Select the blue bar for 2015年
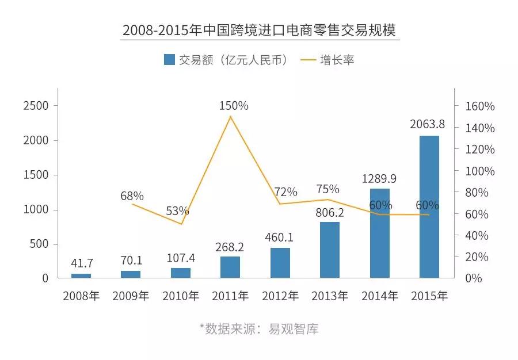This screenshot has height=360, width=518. click(429, 207)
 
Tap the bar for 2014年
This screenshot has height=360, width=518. click(379, 233)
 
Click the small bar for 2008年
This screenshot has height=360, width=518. click(81, 276)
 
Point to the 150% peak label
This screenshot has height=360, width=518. click(234, 106)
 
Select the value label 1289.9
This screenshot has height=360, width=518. click(379, 178)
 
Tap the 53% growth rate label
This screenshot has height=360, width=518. click(178, 211)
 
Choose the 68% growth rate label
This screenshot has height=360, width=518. click(132, 196)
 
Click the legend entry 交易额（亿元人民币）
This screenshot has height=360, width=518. click(226, 60)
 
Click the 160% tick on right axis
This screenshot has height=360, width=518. click(479, 106)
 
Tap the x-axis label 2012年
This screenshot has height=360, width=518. click(280, 296)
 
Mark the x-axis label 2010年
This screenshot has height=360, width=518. click(181, 296)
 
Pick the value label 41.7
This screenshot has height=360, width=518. click(81, 263)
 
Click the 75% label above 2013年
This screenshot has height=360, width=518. click(328, 189)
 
